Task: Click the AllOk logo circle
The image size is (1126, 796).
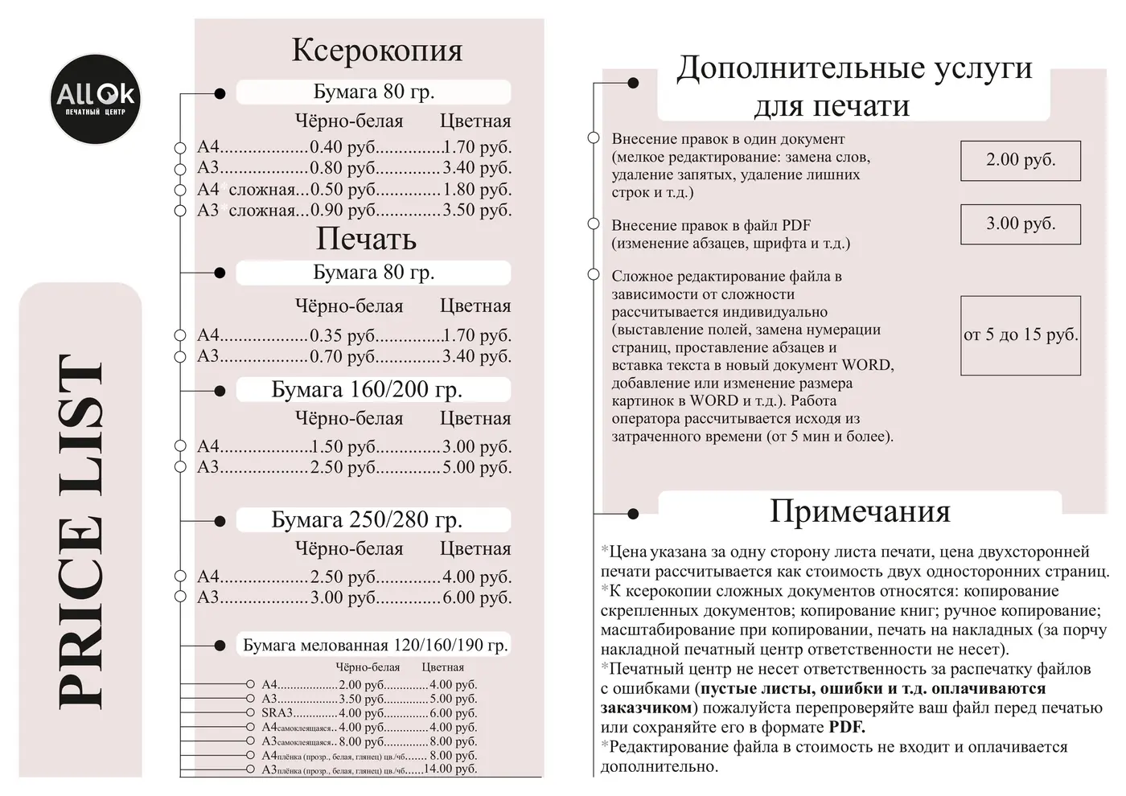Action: [96, 100]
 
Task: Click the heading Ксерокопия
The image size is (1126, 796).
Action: [376, 50]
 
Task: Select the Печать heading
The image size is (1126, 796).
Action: [366, 239]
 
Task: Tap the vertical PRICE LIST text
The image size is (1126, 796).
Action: [80, 531]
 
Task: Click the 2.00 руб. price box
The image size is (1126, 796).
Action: [1020, 160]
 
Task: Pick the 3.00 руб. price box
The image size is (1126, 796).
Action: [1020, 224]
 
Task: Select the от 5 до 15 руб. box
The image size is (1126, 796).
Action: [1020, 334]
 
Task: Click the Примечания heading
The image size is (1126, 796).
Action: [859, 511]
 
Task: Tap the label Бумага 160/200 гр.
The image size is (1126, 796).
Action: [367, 390]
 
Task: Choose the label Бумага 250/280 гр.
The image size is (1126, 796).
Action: [367, 520]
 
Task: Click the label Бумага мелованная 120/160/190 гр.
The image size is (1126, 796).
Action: [375, 646]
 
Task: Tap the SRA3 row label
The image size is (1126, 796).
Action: [277, 713]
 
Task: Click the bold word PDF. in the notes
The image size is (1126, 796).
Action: [847, 728]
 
